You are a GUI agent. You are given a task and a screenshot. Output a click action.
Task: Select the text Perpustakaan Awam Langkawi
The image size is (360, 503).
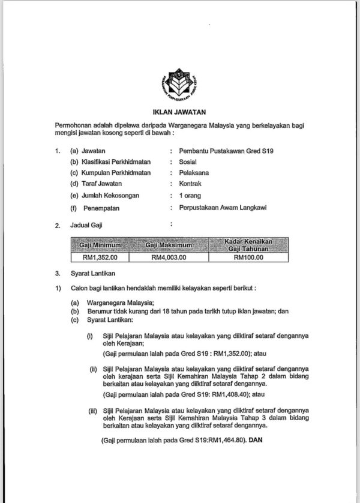[218, 208]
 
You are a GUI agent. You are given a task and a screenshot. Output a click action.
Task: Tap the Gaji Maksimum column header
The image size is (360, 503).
[169, 245]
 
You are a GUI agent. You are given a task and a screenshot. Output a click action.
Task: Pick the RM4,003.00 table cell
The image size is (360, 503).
[169, 258]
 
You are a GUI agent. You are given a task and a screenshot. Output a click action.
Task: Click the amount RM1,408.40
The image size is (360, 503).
[220, 394]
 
